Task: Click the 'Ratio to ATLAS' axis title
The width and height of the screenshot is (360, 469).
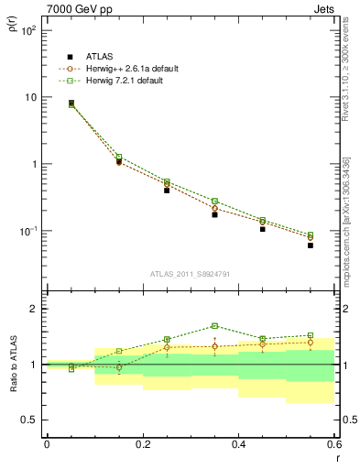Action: pos(12,365)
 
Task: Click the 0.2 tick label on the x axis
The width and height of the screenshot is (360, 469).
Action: pos(142,444)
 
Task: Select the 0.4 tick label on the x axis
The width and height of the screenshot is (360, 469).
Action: pos(238,444)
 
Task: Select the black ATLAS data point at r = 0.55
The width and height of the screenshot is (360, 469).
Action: pos(311,245)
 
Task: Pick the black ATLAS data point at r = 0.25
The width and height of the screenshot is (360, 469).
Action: pos(167,191)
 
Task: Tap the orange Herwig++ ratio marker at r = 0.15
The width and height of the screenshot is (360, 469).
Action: pos(119,367)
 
